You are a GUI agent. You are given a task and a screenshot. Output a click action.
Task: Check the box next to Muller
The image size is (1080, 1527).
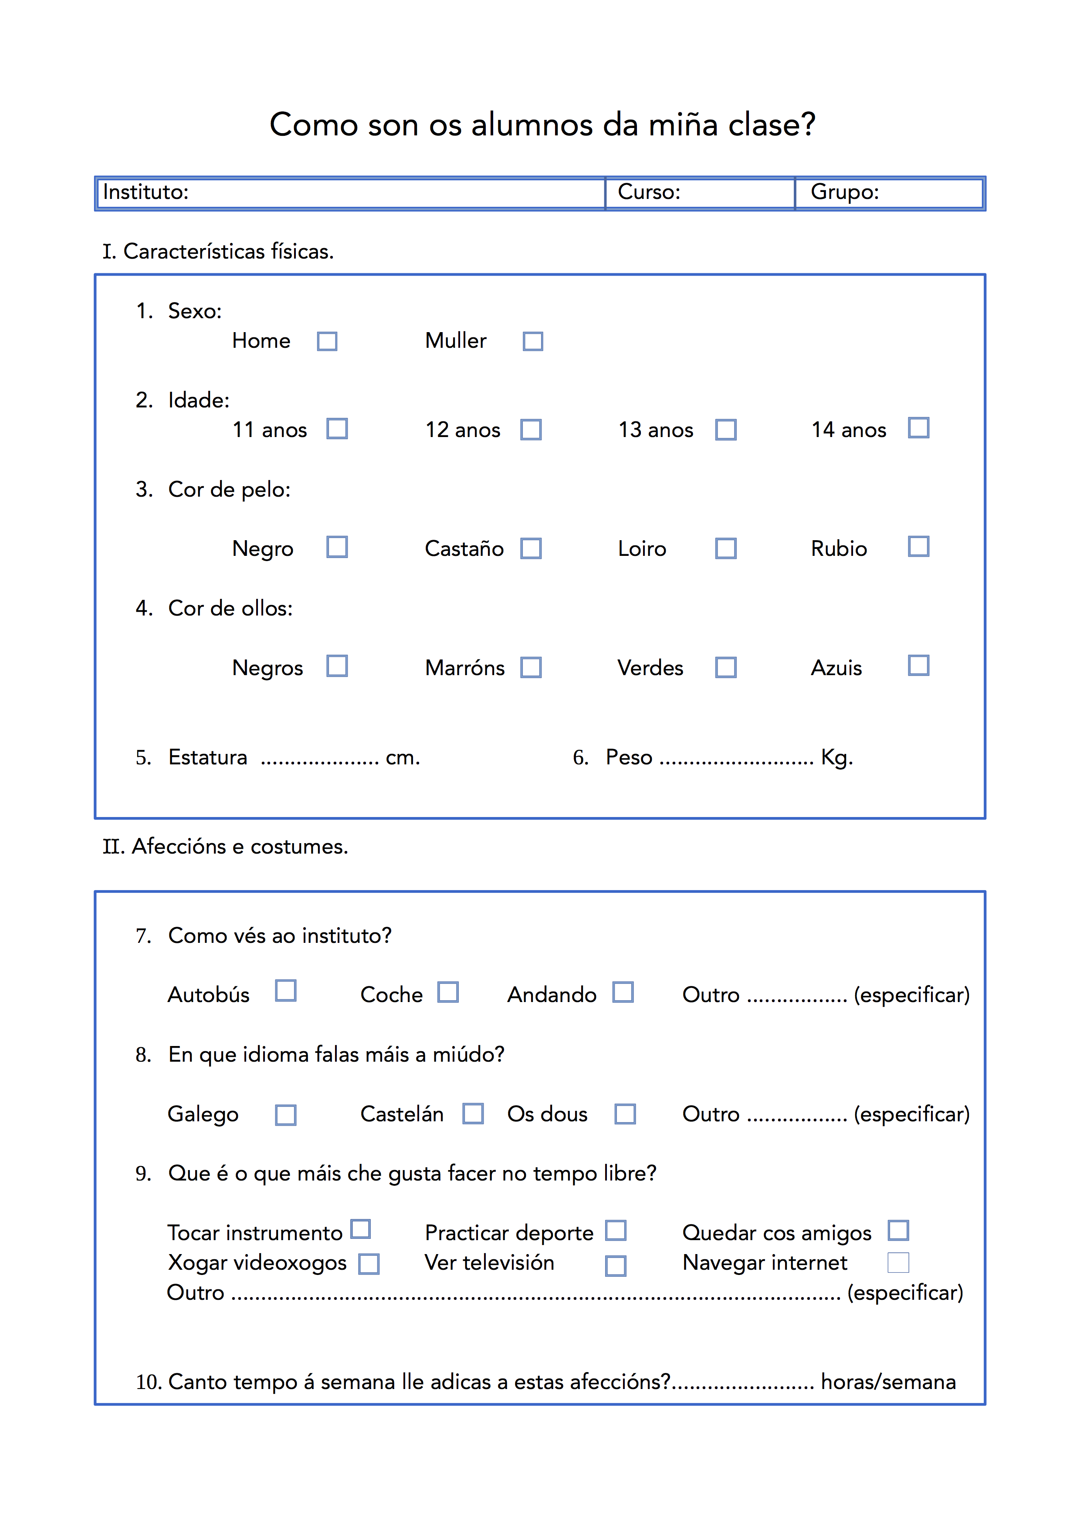pos(532,341)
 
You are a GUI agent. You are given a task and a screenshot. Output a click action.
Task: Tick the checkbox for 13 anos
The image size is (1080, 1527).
pos(725,430)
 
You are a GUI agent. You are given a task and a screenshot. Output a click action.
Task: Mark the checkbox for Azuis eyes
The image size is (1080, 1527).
pos(918,666)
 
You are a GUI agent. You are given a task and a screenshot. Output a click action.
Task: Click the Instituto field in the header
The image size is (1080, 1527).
pos(350,193)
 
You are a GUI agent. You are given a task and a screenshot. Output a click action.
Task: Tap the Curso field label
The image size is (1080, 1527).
pos(649,192)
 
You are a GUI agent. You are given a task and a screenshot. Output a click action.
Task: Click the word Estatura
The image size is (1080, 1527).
pos(208,757)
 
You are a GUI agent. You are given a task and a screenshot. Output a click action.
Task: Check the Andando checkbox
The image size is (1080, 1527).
pos(623,992)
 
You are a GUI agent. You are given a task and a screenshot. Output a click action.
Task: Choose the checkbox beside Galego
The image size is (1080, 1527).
pos(285,1115)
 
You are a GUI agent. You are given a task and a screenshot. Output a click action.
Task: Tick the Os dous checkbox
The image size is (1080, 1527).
pos(625,1114)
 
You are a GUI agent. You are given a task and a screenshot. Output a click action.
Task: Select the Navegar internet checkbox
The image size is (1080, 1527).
pos(898,1262)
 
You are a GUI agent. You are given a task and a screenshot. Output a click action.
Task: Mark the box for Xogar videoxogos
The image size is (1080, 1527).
pos(369,1264)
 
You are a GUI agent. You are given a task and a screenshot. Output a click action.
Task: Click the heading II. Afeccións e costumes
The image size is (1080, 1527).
pos(225,847)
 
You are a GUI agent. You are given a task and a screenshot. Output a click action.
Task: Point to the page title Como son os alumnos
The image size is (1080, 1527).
pos(542,124)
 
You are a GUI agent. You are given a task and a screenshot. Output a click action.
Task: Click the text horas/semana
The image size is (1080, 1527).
pos(888,1382)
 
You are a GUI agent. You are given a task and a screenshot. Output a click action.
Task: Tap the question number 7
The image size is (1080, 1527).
pos(143,936)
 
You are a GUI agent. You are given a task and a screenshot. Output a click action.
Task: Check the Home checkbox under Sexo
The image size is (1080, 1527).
pos(327,341)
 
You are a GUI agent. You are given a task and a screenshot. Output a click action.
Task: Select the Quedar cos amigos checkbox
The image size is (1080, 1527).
pos(898,1231)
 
